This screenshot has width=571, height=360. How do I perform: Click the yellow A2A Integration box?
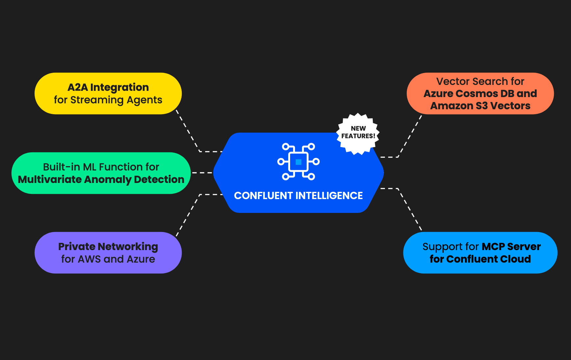(108, 93)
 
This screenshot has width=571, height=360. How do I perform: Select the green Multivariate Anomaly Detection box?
(101, 173)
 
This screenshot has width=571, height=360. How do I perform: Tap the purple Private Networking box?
(108, 253)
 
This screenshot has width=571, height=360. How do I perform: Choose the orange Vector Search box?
(480, 93)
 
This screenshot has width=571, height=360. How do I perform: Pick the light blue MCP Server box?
(480, 253)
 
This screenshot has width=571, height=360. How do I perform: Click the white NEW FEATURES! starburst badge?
(358, 133)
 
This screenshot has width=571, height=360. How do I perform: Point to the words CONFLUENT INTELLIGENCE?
(298, 195)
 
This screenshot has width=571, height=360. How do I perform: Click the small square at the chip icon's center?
(298, 162)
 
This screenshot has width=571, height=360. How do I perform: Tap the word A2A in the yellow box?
(78, 87)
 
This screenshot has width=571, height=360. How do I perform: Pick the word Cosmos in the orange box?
(477, 93)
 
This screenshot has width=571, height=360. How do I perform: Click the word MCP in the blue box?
(493, 246)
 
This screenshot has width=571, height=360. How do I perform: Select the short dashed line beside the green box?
(202, 172)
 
